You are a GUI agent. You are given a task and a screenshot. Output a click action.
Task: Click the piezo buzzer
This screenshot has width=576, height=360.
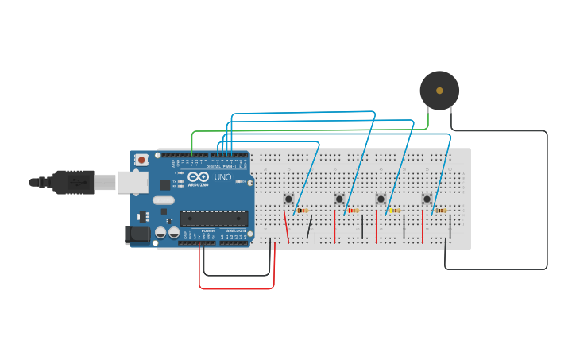(439, 91)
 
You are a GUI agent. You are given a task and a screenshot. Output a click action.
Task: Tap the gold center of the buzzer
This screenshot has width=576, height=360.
(439, 91)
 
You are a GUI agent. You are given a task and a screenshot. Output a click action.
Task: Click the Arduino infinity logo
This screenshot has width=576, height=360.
(199, 177)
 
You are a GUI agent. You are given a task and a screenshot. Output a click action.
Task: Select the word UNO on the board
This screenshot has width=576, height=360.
(222, 177)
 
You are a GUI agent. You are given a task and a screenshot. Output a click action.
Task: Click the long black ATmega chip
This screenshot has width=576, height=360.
(213, 219)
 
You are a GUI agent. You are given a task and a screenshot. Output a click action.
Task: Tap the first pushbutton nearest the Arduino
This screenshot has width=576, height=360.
(289, 199)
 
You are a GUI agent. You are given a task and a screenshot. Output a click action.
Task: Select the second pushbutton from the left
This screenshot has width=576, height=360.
(339, 199)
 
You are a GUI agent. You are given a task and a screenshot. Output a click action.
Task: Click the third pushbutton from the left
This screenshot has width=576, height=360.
(381, 199)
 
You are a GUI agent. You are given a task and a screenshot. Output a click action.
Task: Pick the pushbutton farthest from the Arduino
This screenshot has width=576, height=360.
(427, 199)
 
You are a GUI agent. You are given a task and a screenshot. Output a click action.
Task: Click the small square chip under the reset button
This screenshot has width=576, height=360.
(143, 216)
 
